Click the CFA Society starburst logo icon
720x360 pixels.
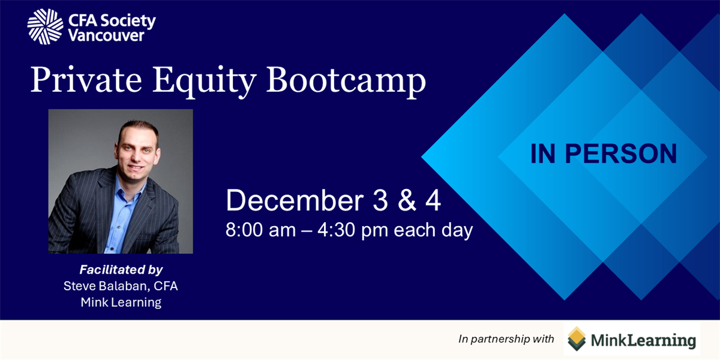point(46,26)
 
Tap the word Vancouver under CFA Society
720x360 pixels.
point(106,35)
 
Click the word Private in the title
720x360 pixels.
point(86,79)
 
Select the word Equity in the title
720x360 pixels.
point(204,82)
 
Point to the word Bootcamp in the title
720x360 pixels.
point(346,82)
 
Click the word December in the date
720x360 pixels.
point(295,200)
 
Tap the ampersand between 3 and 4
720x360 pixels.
point(407,200)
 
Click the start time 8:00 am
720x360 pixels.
point(260,230)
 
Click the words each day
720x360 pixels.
point(433,230)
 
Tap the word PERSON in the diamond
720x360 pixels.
point(620,154)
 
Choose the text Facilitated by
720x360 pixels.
point(121,269)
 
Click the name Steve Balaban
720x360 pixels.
point(106,286)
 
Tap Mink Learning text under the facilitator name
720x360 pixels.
point(121,302)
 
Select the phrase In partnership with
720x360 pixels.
point(506,339)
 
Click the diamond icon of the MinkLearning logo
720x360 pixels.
point(577,339)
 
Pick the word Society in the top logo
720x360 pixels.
point(128,20)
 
